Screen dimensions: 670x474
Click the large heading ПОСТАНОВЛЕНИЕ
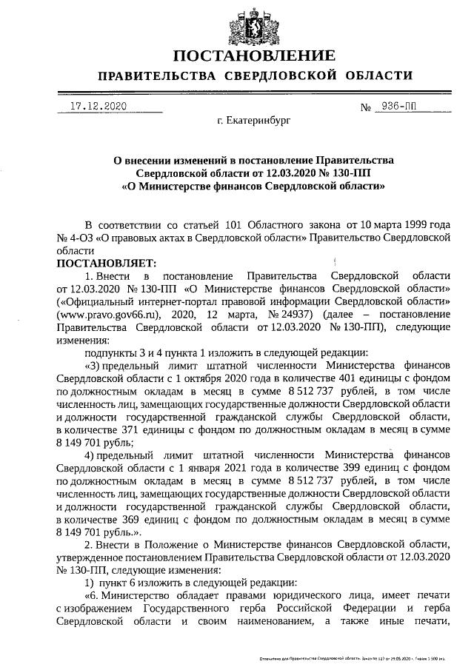pyautogui.click(x=254, y=56)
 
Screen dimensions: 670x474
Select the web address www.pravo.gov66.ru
pyautogui.click(x=106, y=312)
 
